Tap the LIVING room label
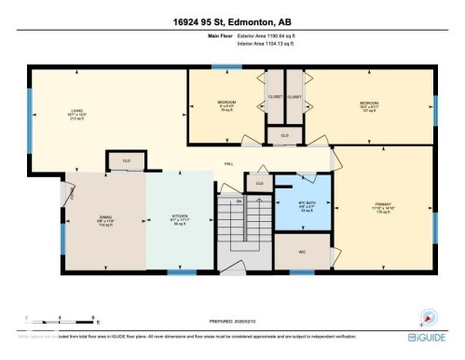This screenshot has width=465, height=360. pyautogui.click(x=76, y=116)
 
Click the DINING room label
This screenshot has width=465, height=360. pyautogui.click(x=105, y=221)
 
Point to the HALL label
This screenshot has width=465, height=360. pyautogui.click(x=227, y=164)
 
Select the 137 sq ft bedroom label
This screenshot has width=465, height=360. pyautogui.click(x=370, y=105)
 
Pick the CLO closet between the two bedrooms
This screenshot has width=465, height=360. pyautogui.click(x=284, y=135)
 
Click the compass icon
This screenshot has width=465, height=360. pyautogui.click(x=429, y=316)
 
